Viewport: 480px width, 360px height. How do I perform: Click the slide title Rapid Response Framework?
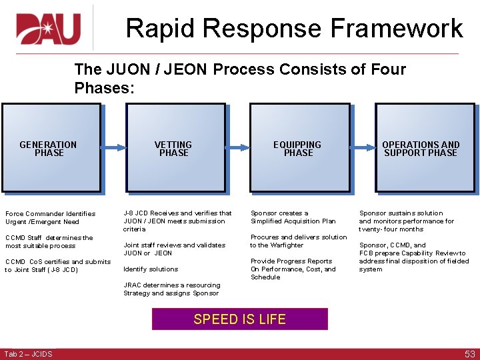click(x=294, y=29)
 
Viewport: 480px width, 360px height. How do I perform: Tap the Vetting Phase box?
click(x=174, y=148)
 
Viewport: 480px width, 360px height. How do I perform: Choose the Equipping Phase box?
click(x=299, y=148)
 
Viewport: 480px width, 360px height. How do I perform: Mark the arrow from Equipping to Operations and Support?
click(x=362, y=147)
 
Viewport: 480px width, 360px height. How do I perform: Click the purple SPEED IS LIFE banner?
click(x=240, y=319)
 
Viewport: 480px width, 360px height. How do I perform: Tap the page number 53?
click(x=469, y=353)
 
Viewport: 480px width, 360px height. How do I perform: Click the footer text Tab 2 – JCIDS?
click(x=28, y=353)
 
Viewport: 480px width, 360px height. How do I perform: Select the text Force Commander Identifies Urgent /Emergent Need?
click(x=51, y=218)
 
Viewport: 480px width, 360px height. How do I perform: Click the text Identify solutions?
click(x=151, y=269)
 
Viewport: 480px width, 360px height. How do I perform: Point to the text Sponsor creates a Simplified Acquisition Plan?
click(x=293, y=217)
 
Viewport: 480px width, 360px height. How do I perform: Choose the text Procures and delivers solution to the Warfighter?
click(x=299, y=241)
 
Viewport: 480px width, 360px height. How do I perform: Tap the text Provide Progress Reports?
click(x=291, y=261)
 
